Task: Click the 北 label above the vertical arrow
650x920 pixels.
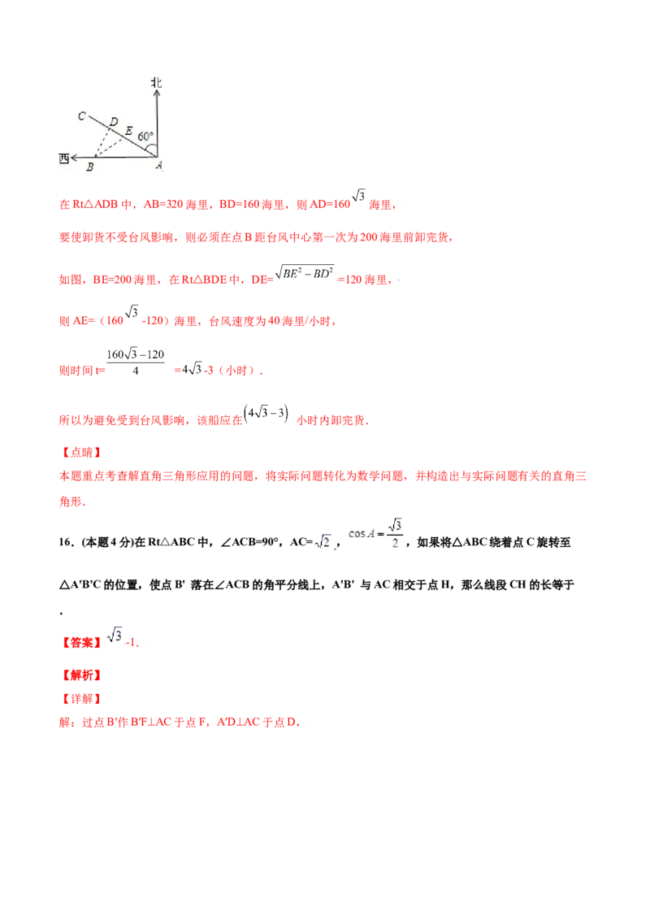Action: (156, 82)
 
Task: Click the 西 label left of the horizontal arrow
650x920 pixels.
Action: (63, 158)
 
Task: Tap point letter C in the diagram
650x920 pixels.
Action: (82, 116)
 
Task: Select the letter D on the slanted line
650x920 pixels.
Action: (114, 123)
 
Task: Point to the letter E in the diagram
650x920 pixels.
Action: (128, 130)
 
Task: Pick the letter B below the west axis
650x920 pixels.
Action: (90, 167)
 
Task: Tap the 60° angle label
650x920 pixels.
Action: (145, 137)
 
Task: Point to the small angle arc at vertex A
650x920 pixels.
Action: (154, 148)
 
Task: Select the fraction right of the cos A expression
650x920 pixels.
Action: (396, 535)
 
